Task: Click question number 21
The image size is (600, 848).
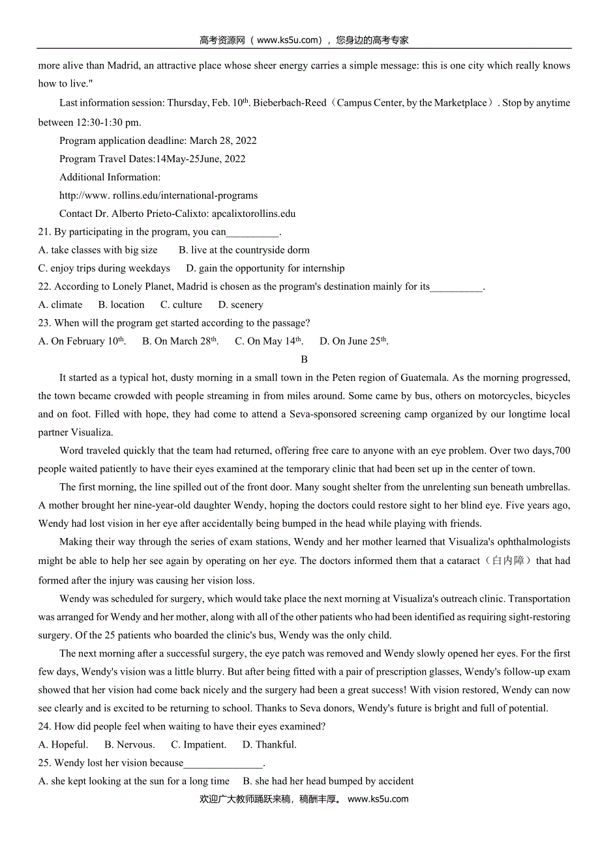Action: coord(45,232)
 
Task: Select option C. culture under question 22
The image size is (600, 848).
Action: coord(181,305)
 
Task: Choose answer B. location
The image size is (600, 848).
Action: coord(121,305)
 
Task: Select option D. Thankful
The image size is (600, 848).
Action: coord(269,745)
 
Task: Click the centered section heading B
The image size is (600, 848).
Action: coord(304,360)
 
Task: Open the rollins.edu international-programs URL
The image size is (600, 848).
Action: coord(158,195)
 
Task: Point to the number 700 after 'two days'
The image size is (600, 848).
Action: coord(562,451)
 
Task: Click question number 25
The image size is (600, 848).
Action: coord(45,763)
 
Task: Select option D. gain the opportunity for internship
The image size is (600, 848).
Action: coord(265,268)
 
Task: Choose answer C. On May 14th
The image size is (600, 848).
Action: coord(269,341)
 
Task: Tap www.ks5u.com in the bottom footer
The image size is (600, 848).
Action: coord(378,799)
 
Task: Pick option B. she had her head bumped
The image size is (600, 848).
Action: coord(328,782)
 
